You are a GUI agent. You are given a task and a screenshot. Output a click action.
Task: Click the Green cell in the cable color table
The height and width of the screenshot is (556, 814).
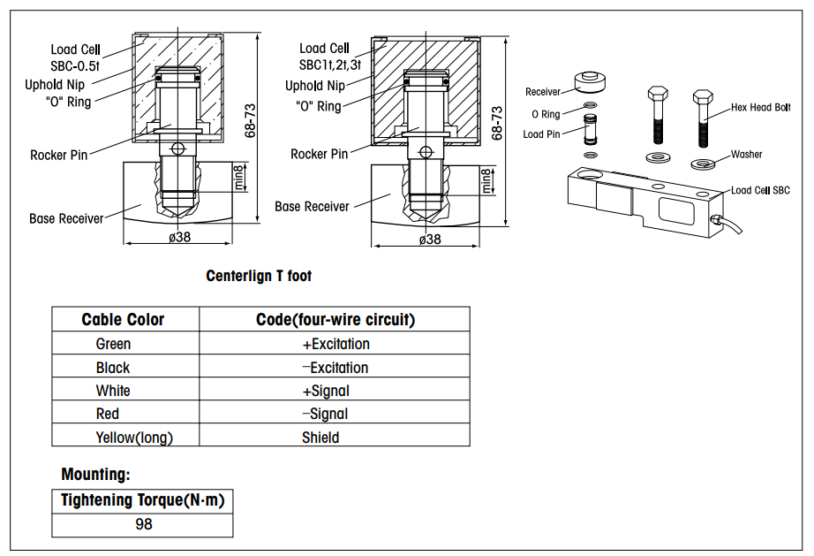point(113,344)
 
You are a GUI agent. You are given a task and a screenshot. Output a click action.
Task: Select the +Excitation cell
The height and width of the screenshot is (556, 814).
point(335,344)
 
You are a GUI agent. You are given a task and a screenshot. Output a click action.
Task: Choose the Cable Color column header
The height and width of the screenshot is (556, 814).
point(123,319)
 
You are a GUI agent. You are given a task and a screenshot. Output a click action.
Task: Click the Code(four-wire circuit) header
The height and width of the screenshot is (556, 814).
point(335,319)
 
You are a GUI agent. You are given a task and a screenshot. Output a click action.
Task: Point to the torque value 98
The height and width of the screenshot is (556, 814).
point(143,524)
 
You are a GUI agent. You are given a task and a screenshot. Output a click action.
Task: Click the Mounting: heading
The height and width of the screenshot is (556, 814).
point(95,475)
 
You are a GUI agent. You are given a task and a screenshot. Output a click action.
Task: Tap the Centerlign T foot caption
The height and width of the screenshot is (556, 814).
point(259,276)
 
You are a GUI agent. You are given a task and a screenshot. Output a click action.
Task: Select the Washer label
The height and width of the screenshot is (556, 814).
point(746,155)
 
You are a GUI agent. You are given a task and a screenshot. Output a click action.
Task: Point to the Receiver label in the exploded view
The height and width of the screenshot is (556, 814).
point(542,92)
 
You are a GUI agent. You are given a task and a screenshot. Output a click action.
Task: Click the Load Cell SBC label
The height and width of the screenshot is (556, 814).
point(760,190)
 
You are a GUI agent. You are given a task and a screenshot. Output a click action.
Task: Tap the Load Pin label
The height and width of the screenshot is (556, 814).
point(541,134)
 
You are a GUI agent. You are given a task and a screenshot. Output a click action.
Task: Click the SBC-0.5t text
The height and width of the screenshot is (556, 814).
point(76,65)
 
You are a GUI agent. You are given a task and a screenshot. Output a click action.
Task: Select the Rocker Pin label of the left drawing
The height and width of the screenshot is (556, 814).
point(59,155)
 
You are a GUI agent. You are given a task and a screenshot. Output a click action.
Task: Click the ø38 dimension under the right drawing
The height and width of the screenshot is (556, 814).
point(430,239)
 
